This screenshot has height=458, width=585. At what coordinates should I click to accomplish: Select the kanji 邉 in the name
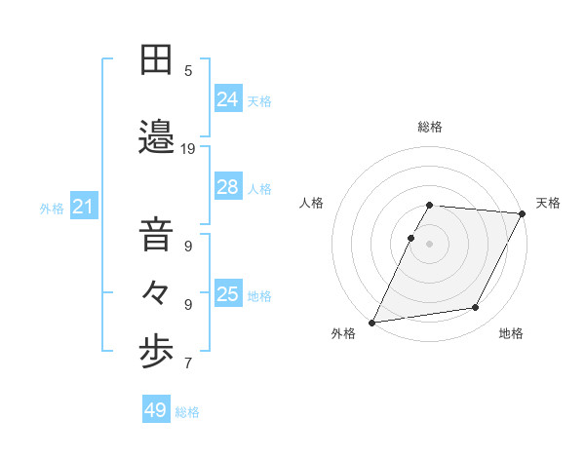point(156,137)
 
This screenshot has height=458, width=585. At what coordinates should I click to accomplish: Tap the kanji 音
point(156,236)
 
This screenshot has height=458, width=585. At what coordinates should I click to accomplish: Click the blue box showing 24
point(228,99)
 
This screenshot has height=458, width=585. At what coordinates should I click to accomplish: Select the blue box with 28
point(228,187)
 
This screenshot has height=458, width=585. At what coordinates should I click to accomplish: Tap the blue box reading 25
point(228,294)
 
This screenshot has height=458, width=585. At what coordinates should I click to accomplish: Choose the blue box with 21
point(83,207)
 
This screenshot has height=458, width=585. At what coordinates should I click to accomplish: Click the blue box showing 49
point(156,410)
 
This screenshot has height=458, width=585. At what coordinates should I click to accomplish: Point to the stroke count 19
point(189,149)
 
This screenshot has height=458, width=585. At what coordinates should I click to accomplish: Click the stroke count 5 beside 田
point(189,70)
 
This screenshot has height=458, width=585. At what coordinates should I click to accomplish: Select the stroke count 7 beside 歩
point(189,364)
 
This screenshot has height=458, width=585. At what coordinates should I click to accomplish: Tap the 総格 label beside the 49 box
point(188,412)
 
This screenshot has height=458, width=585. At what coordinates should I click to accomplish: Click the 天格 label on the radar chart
point(548,203)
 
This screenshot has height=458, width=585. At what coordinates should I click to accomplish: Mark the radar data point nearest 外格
point(371,323)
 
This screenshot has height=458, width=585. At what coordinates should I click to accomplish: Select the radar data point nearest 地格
point(476,308)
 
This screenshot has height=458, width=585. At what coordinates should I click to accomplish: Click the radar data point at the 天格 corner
point(523,213)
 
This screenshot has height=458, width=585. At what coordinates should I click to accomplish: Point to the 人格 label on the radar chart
point(312,203)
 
